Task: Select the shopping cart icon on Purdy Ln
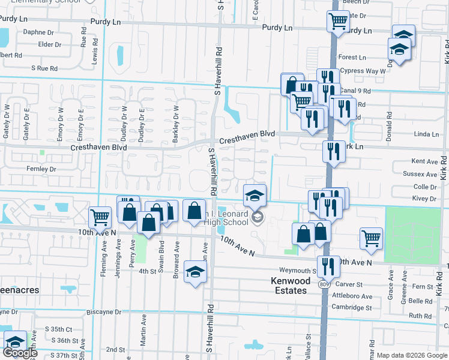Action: pyautogui.click(x=338, y=22)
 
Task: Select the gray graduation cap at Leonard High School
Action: pyautogui.click(x=257, y=217)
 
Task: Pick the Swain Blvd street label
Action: pyautogui.click(x=160, y=251)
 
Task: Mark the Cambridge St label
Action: pyautogui.click(x=352, y=307)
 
